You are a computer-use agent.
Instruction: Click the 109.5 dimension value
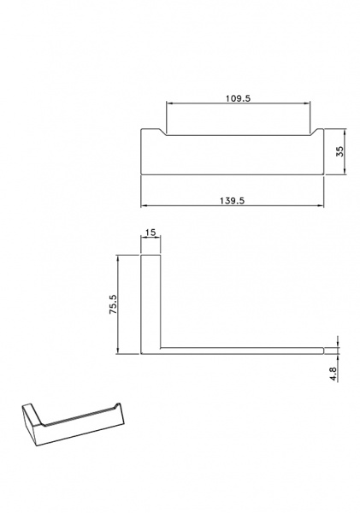click(x=238, y=98)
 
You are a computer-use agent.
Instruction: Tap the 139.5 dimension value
click(x=232, y=201)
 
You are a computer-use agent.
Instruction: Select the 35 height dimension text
click(x=340, y=151)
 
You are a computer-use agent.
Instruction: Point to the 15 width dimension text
click(x=150, y=233)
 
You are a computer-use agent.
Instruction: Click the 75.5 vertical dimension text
click(x=113, y=304)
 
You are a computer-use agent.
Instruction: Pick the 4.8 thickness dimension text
click(x=333, y=374)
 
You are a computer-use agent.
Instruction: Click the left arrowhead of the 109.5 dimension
click(x=168, y=103)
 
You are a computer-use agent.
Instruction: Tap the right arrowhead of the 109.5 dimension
click(x=307, y=103)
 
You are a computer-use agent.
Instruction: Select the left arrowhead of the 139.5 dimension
click(x=144, y=206)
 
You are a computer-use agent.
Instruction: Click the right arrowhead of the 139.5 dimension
click(x=321, y=206)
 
